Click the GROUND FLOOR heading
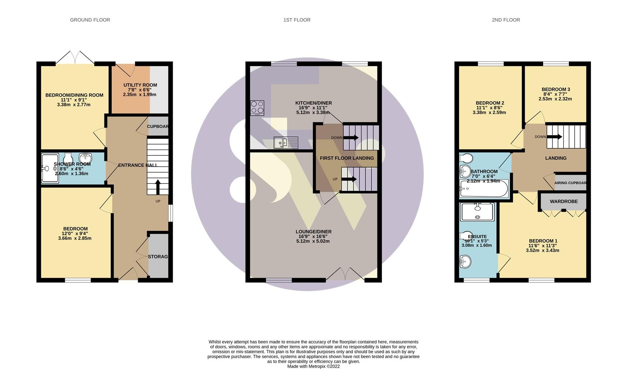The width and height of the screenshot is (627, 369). point(90,20)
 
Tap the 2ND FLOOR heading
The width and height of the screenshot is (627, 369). point(506,20)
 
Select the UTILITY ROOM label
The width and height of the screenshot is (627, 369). point(140,85)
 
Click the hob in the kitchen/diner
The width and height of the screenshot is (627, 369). point(257,108)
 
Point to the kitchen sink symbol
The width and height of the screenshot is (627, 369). point(286,142)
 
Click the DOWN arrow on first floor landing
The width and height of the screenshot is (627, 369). point(351,138)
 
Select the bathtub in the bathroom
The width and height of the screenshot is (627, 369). point(484,189)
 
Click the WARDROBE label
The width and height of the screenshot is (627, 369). point(564,202)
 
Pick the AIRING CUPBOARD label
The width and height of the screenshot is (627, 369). point(570,183)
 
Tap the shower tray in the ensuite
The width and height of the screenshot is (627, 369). point(477,212)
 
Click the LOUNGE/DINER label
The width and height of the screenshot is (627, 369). point(313,232)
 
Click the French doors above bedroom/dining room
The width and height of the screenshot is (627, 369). point(75,57)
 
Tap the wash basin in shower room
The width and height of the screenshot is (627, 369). point(85,158)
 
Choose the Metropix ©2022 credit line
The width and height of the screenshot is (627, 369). point(313,366)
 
